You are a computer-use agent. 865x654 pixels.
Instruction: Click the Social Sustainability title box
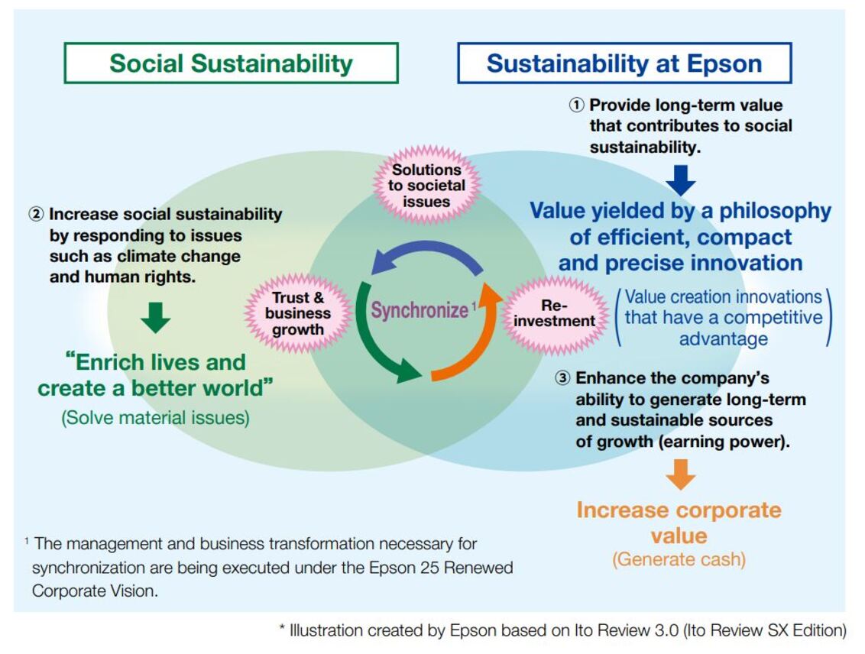pyautogui.click(x=231, y=63)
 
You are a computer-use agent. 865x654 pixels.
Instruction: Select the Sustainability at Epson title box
pyautogui.click(x=624, y=63)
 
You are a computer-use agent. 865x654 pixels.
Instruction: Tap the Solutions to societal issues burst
pyautogui.click(x=426, y=186)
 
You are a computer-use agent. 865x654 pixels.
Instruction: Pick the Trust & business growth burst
pyautogui.click(x=298, y=313)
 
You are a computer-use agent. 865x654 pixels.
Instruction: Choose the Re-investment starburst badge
pyautogui.click(x=555, y=314)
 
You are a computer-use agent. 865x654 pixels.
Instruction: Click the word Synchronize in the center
pyautogui.click(x=420, y=310)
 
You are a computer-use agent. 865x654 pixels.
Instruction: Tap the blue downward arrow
pyautogui.click(x=681, y=180)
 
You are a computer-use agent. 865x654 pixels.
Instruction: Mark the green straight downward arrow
pyautogui.click(x=156, y=317)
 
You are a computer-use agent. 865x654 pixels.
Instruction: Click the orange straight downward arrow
pyautogui.click(x=681, y=474)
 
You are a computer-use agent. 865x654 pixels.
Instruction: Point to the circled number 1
pyautogui.click(x=576, y=105)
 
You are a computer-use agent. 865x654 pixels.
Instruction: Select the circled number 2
pyautogui.click(x=36, y=214)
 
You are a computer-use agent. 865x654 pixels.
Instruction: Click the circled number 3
pyautogui.click(x=562, y=378)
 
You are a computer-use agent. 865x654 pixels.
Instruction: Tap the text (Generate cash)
pyautogui.click(x=679, y=559)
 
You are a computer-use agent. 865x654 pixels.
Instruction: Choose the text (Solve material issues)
pyautogui.click(x=156, y=417)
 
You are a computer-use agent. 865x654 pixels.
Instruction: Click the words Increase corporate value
pyautogui.click(x=679, y=523)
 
